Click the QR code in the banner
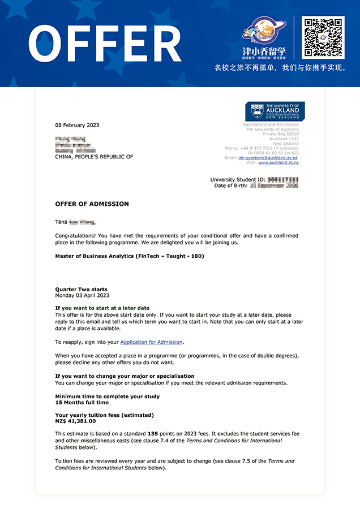(323, 37)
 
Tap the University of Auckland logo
(275, 111)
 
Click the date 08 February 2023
(77, 125)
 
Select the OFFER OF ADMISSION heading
(92, 204)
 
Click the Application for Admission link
(152, 342)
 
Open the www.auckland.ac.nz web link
(278, 163)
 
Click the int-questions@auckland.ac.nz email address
(268, 158)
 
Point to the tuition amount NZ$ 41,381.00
(75, 421)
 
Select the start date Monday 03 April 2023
(82, 295)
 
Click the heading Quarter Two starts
(81, 290)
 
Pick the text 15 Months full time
(82, 403)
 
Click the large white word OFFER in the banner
(105, 44)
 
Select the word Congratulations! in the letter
(76, 235)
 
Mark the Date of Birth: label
(230, 186)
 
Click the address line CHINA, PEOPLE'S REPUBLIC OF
(94, 157)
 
